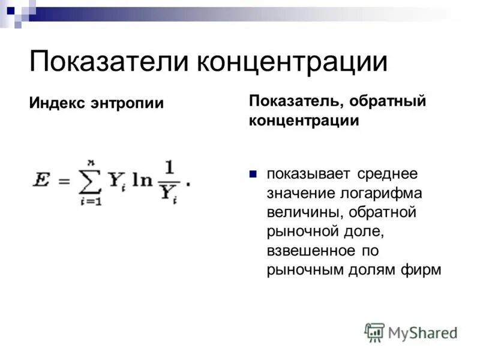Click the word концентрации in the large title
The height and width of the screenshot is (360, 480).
pyautogui.click(x=296, y=63)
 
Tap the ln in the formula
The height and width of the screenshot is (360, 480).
pyautogui.click(x=143, y=180)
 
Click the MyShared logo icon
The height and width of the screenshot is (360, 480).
pyautogui.click(x=375, y=332)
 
